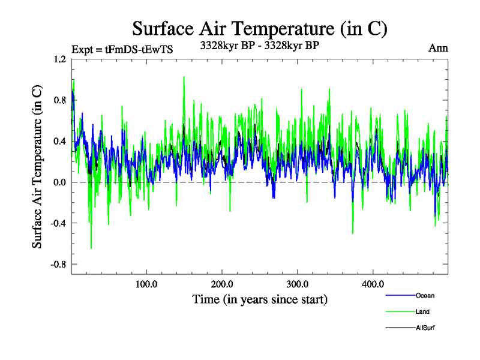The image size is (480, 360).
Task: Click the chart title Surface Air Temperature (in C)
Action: point(259,28)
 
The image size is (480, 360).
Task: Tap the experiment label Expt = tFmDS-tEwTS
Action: point(122,50)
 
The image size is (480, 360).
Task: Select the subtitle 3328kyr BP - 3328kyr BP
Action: point(259,44)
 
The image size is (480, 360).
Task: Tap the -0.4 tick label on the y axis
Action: point(58,223)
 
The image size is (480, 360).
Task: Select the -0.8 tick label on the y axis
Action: point(58,264)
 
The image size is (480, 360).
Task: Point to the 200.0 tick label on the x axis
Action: point(222,284)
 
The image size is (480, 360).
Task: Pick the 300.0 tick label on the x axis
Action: point(298,284)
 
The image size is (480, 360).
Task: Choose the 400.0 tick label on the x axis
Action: point(373,284)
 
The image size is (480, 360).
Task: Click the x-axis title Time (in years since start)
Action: point(259,299)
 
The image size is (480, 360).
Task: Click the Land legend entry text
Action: point(422,311)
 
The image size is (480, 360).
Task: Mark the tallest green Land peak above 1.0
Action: point(184,77)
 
